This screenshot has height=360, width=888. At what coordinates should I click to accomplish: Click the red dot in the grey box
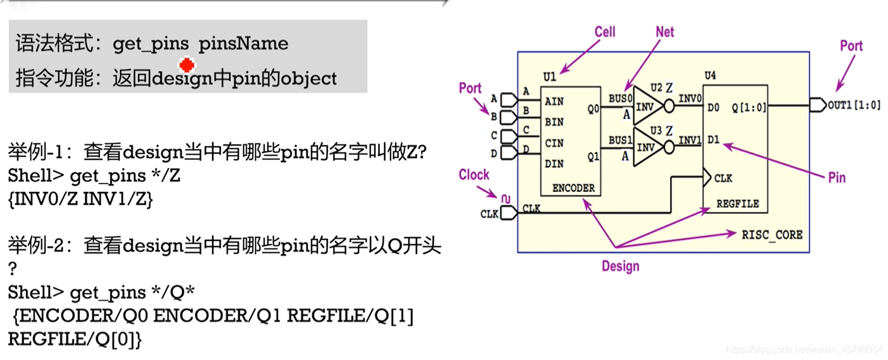(x=186, y=64)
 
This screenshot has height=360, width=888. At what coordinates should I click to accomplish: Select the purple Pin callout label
(x=837, y=178)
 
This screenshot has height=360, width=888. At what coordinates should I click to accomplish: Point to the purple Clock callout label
(x=474, y=175)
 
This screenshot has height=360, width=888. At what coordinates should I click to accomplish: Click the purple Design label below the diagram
(x=620, y=266)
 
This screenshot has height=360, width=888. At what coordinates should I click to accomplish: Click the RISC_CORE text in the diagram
(x=772, y=235)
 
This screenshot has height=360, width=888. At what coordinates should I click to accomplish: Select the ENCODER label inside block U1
(x=573, y=188)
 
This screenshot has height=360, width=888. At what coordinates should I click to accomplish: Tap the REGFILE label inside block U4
(x=737, y=203)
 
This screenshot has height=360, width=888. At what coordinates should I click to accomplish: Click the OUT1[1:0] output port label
(x=854, y=106)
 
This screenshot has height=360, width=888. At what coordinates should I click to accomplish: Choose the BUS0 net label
(x=620, y=98)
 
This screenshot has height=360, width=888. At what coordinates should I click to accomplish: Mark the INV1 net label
(x=690, y=140)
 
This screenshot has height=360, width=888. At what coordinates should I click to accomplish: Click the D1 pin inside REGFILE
(x=714, y=140)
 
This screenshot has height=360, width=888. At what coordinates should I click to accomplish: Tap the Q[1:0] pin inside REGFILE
(x=749, y=106)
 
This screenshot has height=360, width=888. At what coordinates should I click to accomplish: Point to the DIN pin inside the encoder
(x=554, y=164)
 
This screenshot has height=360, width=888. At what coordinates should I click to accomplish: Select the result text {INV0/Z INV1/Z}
(x=80, y=200)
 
